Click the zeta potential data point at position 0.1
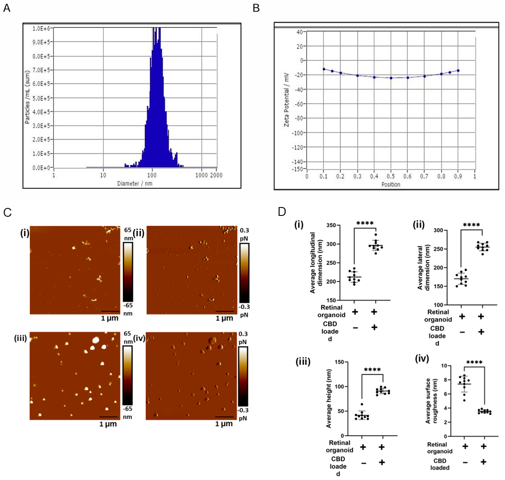click(324, 69)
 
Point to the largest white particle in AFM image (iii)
click(96, 340)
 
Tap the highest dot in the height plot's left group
click(362, 404)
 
